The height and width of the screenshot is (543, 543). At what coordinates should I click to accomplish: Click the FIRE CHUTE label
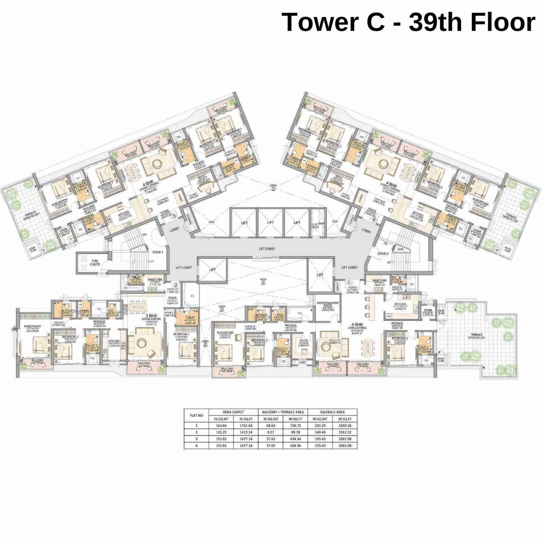point(95,263)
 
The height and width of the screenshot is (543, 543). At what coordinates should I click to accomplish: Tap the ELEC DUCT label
point(315,226)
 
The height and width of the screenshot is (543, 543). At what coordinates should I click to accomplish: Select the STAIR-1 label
point(157,252)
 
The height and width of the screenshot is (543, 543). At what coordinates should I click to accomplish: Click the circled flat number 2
point(176,285)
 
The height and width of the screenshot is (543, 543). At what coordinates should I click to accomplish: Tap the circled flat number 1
point(349,282)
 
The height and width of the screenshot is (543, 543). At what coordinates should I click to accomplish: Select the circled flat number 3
point(174,215)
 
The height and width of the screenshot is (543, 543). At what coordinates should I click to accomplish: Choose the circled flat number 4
point(374,219)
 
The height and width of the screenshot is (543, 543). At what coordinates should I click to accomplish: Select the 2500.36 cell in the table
point(344,426)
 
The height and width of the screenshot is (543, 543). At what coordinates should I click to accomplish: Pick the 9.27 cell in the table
point(270,432)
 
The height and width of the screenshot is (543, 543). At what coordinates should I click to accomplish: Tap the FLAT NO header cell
point(196,415)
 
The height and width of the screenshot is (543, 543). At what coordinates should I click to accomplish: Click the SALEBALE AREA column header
point(332,412)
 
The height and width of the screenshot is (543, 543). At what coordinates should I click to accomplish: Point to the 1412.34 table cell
point(246,432)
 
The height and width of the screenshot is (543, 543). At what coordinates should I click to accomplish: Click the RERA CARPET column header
point(233,412)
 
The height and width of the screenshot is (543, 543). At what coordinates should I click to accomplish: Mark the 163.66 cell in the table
point(221,426)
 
